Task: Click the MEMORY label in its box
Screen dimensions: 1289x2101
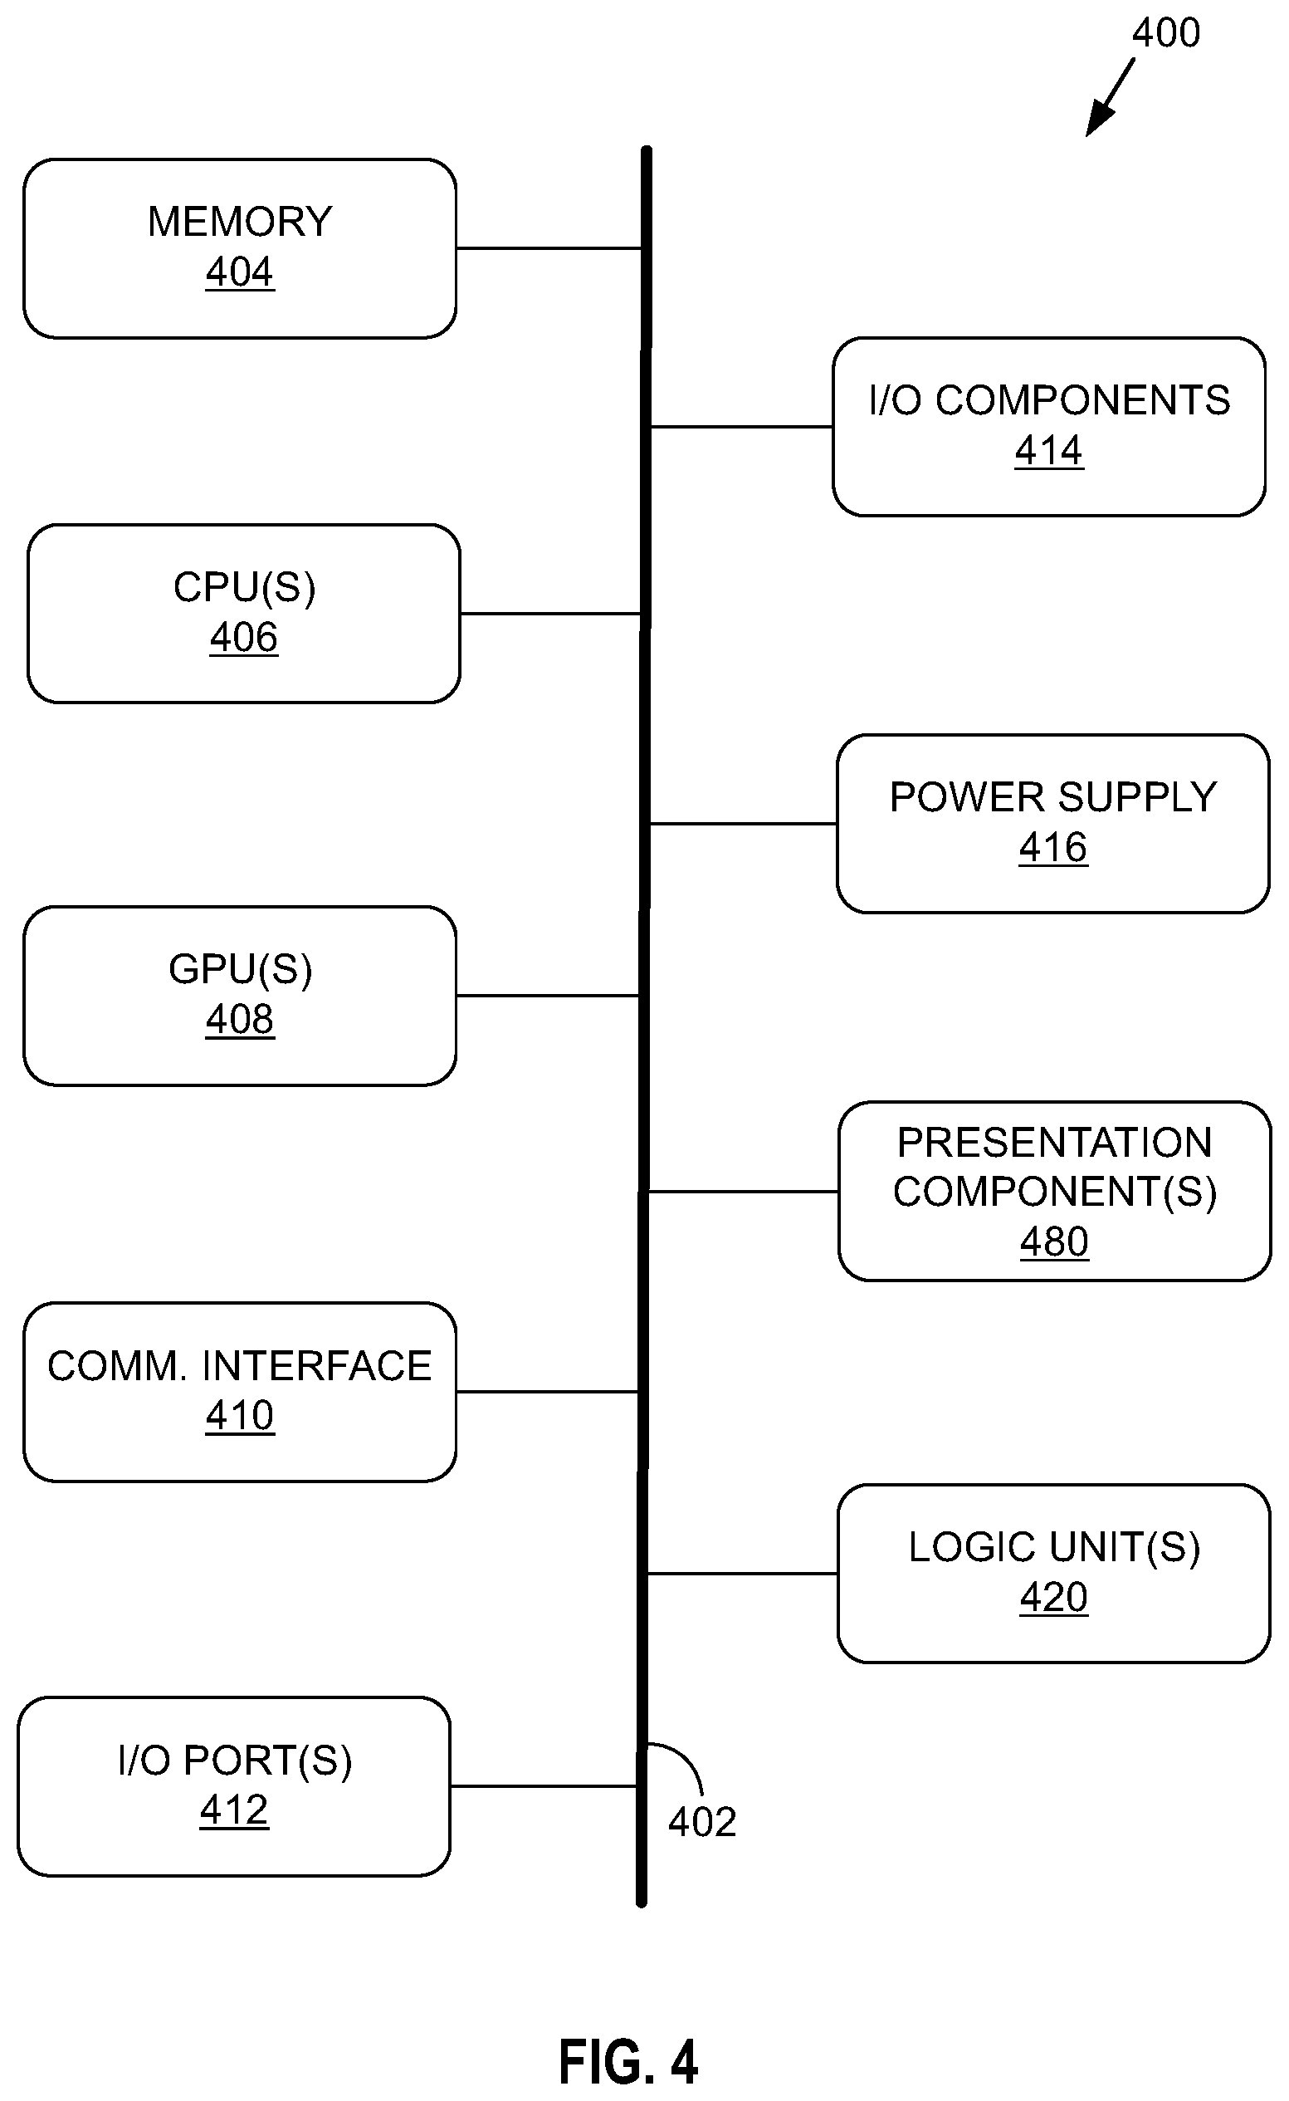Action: [x=240, y=222]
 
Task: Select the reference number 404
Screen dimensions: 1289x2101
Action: [x=240, y=272]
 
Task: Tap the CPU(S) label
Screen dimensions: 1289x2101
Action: [x=244, y=587]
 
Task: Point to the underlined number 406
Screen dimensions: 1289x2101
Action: [x=244, y=638]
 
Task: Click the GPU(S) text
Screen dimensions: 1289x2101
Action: [x=241, y=969]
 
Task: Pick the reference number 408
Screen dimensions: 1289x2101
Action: [x=240, y=1019]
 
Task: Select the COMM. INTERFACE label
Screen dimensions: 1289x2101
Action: [x=240, y=1366]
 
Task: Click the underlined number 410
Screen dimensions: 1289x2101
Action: [x=240, y=1415]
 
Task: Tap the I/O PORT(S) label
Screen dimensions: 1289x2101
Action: [x=234, y=1761]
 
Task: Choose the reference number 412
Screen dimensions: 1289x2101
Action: [x=234, y=1810]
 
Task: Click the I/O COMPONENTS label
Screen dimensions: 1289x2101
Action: [x=1049, y=400]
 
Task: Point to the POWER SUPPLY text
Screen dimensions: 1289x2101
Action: [x=1052, y=797]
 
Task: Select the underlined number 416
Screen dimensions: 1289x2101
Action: [x=1052, y=848]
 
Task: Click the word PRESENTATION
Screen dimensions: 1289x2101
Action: [x=1055, y=1143]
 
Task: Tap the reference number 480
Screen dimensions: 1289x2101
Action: [x=1055, y=1241]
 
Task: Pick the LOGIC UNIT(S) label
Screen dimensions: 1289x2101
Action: [x=1055, y=1548]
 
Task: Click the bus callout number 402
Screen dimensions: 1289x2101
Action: [x=702, y=1822]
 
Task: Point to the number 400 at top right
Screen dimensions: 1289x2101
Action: [x=1166, y=33]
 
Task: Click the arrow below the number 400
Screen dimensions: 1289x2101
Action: [x=1110, y=97]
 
